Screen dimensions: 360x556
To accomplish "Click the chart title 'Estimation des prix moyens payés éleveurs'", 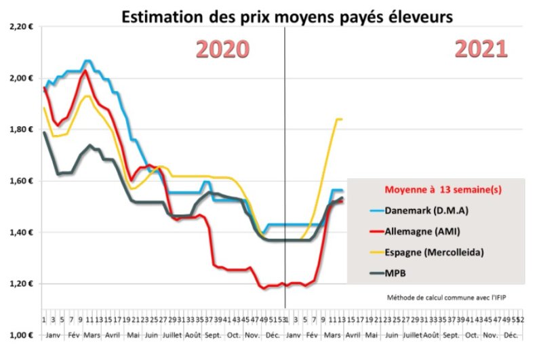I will (x=286, y=16).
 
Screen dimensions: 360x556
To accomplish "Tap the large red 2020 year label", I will (x=222, y=49).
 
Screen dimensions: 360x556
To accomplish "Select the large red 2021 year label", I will (x=481, y=49).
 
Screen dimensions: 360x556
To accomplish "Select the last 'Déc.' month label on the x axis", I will (x=511, y=335).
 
